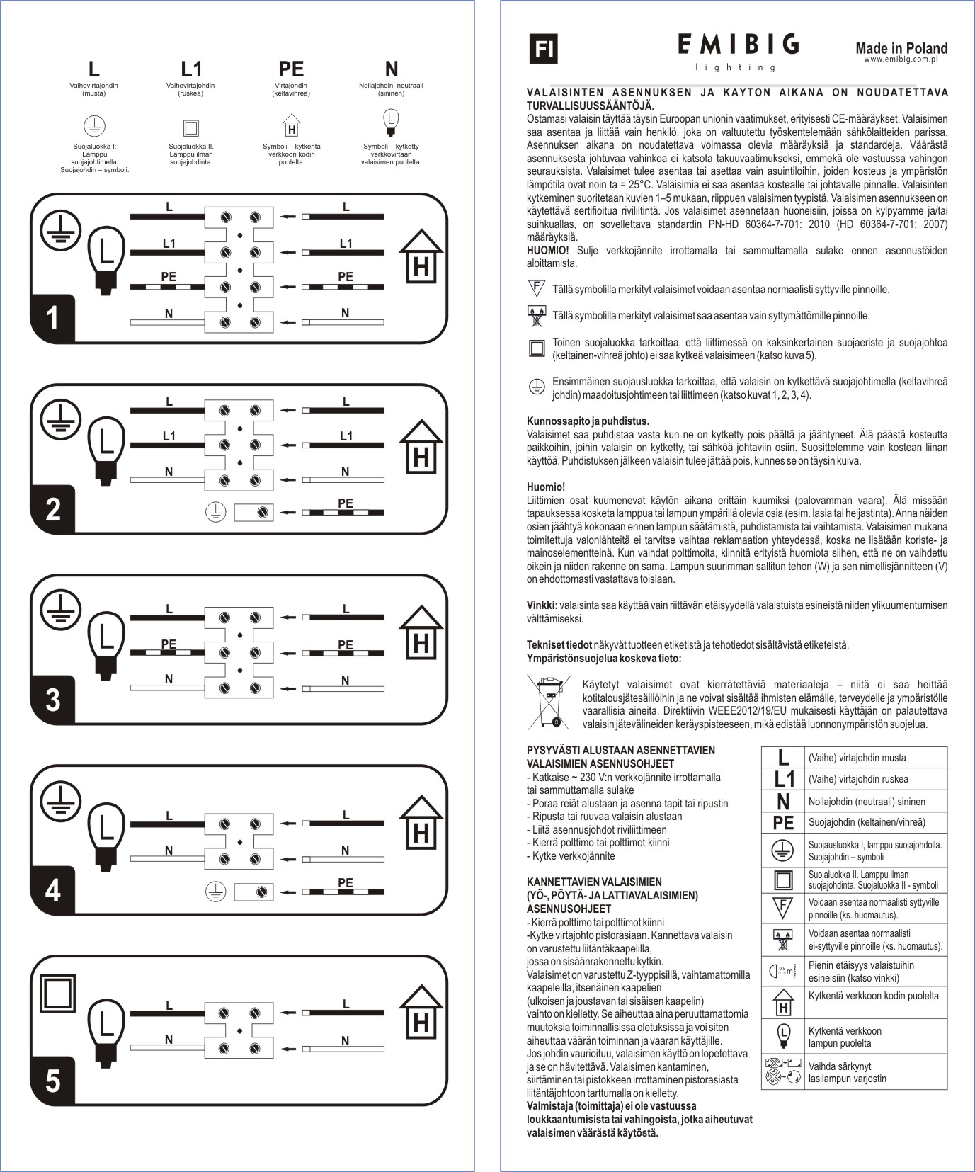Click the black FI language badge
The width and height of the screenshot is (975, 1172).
(x=544, y=49)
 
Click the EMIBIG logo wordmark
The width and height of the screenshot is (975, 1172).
(x=739, y=45)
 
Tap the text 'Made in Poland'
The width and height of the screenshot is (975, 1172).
(x=901, y=48)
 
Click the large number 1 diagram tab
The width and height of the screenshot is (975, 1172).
(x=52, y=318)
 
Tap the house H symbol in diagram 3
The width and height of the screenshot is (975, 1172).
(x=421, y=635)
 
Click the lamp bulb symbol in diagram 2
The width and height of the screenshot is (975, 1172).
(x=106, y=451)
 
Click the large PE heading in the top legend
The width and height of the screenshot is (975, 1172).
(x=291, y=69)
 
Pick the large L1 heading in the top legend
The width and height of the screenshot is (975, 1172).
(x=191, y=69)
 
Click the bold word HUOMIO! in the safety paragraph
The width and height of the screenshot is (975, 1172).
(x=547, y=251)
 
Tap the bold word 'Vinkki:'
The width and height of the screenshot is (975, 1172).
(x=542, y=605)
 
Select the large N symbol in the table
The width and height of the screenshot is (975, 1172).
(x=783, y=802)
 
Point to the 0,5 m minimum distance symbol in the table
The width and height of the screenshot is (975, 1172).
(x=783, y=970)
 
